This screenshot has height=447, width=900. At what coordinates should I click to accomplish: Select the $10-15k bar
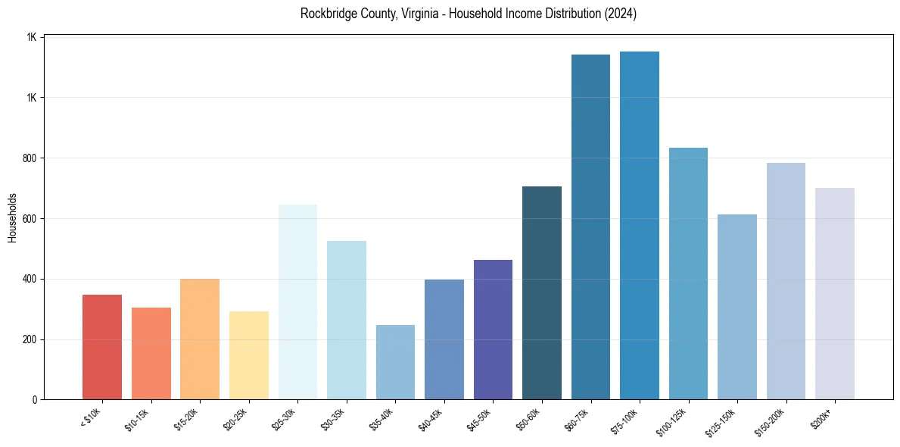151,353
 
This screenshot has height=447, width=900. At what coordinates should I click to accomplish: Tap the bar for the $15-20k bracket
200,339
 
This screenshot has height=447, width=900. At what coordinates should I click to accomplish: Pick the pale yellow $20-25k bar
249,355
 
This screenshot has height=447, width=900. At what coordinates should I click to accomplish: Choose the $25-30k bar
297,302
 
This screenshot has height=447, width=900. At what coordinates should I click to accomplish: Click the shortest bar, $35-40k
395,362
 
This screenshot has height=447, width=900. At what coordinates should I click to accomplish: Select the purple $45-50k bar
493,330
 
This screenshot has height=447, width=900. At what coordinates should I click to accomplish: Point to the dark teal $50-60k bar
542,292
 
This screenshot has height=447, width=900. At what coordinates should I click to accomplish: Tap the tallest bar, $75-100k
640,225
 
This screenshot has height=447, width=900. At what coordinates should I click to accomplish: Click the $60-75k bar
590,227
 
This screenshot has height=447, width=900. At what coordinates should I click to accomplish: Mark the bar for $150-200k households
786,281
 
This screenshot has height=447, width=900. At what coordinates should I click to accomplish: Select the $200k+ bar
835,294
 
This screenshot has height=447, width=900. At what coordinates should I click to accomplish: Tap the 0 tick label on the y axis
35,400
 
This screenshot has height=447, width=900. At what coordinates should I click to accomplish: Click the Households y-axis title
12,217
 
